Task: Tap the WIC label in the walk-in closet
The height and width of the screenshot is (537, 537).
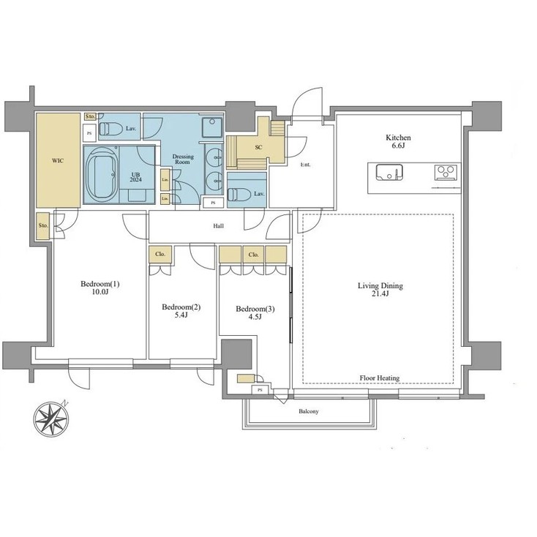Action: point(59,160)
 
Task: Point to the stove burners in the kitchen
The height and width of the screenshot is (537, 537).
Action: point(446,173)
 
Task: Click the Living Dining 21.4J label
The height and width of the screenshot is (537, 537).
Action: point(380,290)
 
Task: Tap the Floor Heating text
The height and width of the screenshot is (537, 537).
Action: point(379,378)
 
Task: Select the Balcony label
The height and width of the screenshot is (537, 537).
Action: point(309,412)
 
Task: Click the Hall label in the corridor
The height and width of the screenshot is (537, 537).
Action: point(218,226)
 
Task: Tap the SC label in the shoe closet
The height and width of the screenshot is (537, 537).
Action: point(258,146)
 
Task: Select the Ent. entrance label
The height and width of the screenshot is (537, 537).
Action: point(305,165)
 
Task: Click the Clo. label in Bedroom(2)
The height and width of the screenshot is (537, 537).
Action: point(159,255)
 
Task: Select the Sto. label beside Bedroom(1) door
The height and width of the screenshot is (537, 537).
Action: point(43,225)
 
